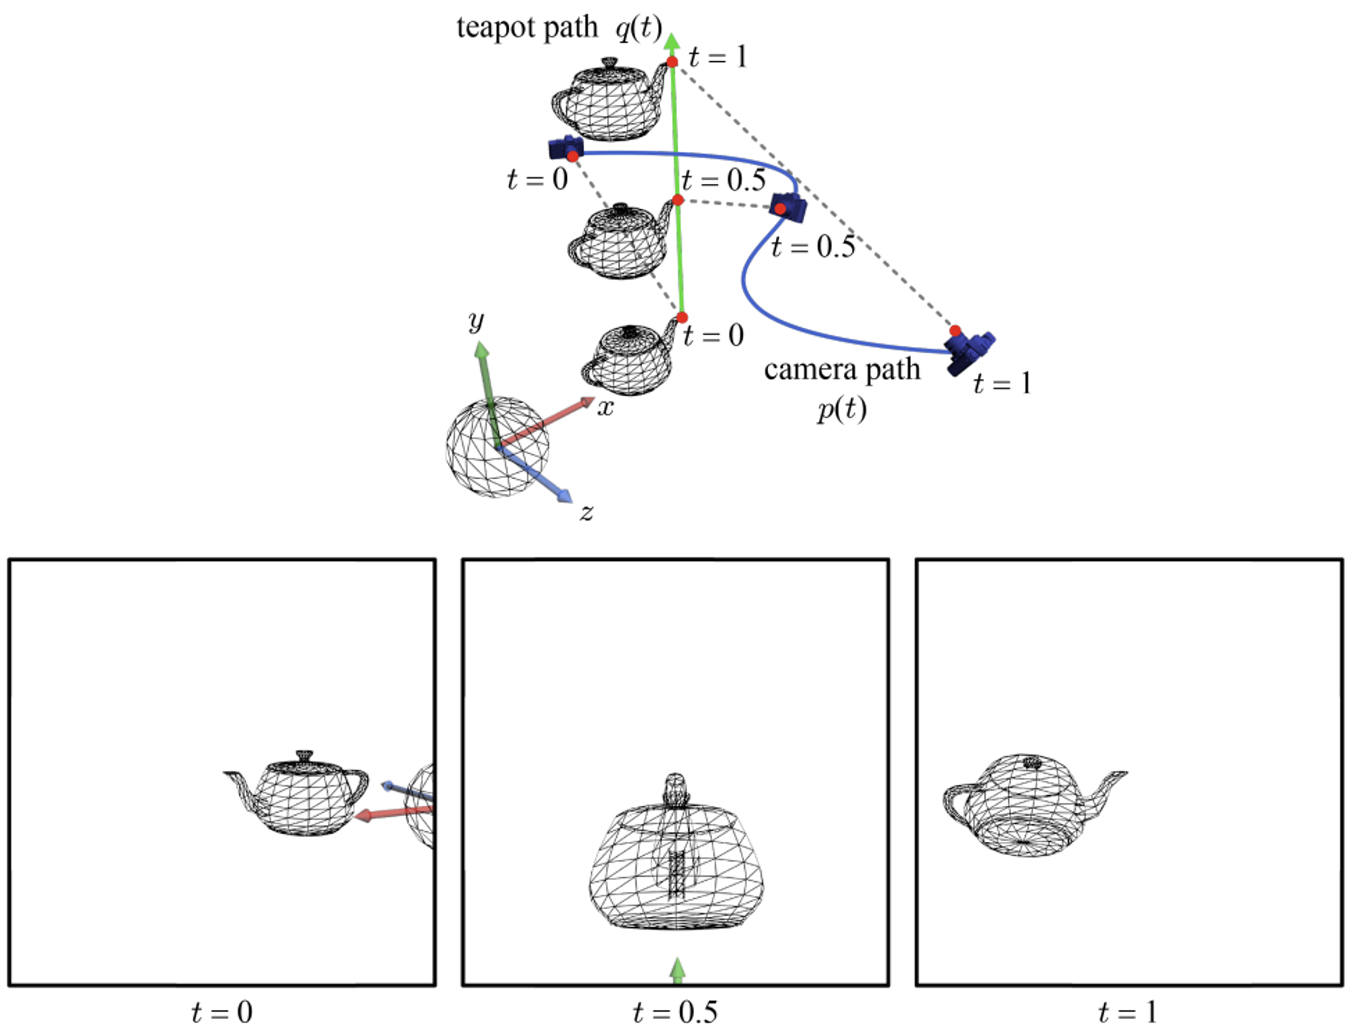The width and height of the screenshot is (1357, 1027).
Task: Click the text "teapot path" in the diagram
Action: click(x=527, y=28)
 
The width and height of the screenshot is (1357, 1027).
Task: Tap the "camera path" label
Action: click(x=842, y=370)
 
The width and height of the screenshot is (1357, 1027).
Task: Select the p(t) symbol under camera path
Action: click(x=842, y=409)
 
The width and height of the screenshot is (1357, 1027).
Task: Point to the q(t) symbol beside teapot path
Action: click(x=639, y=28)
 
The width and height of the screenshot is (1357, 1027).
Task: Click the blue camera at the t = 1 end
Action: click(x=969, y=352)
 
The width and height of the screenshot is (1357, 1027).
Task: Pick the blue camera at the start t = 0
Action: click(x=566, y=147)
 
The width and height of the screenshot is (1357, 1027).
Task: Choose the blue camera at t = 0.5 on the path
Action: click(x=788, y=206)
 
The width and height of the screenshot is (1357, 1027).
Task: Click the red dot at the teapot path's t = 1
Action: click(x=672, y=62)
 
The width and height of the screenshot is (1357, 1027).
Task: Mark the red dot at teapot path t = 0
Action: click(x=682, y=317)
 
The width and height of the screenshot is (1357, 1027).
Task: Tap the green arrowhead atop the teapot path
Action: click(x=672, y=41)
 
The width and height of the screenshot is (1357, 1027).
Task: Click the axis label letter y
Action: click(x=476, y=322)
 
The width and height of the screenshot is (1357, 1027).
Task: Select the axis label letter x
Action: click(x=606, y=408)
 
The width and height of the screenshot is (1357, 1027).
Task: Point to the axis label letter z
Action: click(x=586, y=512)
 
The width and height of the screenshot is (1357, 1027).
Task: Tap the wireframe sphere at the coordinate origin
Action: click(x=497, y=447)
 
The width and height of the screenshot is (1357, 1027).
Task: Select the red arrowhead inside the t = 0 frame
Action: click(x=363, y=815)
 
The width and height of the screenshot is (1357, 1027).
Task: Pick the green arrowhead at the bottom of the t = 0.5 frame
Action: click(x=677, y=968)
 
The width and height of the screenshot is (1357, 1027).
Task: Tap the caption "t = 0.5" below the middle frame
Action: click(x=675, y=1011)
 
